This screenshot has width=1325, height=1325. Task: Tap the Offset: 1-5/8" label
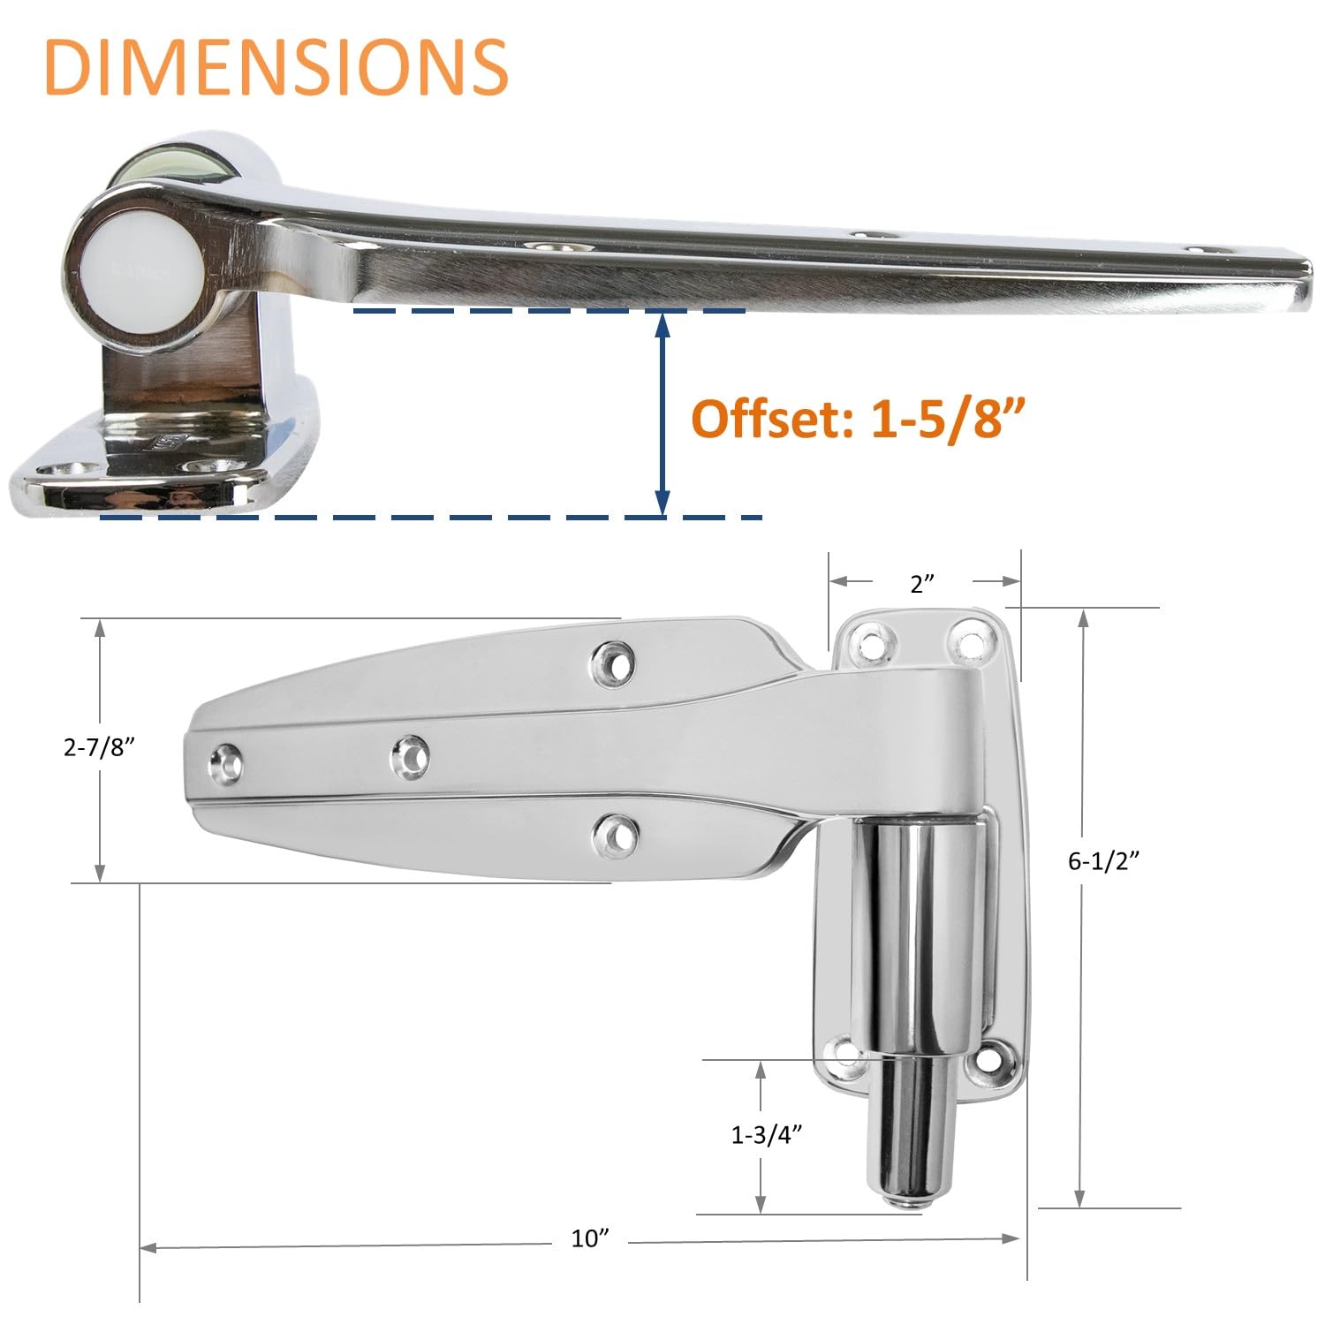862,418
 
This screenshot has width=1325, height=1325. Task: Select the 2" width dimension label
921,583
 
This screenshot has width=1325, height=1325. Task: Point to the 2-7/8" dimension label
98,747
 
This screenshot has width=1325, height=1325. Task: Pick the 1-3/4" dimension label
766,1135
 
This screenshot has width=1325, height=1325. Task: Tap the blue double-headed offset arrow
662,413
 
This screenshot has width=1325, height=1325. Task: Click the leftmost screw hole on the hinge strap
226,764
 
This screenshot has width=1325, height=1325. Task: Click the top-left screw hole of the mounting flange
872,642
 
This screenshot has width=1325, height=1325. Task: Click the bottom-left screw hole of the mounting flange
844,1056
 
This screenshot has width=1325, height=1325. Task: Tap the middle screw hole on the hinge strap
410,757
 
